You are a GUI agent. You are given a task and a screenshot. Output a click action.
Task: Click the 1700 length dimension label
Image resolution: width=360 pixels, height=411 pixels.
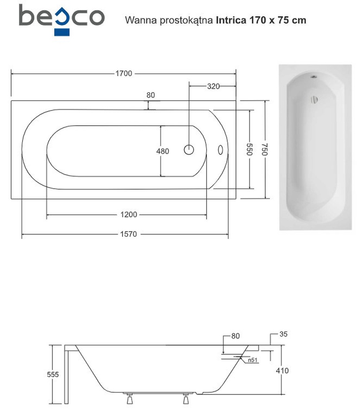[x=124, y=73]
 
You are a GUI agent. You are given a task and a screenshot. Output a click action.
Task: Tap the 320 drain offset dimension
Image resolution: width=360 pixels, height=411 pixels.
[x=213, y=86]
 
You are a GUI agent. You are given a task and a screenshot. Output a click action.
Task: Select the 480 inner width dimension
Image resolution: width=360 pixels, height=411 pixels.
[x=162, y=151]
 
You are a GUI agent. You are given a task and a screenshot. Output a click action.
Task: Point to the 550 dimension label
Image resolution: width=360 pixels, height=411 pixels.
[x=249, y=149]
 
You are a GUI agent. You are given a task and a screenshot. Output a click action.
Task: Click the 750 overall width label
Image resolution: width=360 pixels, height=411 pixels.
[x=265, y=149]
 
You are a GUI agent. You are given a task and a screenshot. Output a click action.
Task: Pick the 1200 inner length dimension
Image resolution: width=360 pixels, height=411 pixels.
[x=129, y=215]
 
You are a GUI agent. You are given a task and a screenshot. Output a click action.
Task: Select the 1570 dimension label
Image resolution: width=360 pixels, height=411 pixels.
[x=128, y=234]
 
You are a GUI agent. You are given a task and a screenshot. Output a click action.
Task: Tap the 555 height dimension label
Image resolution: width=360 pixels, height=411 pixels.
[x=52, y=374]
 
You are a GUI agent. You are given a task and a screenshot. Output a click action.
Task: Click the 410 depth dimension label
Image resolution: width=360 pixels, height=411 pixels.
[x=282, y=370]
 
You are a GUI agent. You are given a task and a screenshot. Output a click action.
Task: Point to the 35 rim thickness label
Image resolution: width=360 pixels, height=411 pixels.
[x=283, y=334]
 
